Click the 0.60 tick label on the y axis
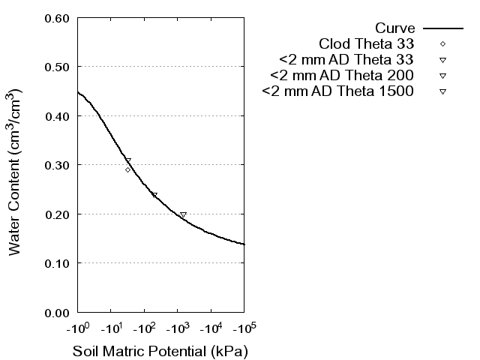tap(58, 18)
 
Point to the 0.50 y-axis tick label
tap(58, 67)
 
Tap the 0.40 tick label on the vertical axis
tap(58, 116)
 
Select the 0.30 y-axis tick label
tap(58, 165)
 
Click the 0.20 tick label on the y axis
tap(58, 214)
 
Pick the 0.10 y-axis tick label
tap(58, 263)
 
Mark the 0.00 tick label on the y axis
tap(58, 312)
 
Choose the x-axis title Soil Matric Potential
tap(160, 350)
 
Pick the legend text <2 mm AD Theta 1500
tap(337, 91)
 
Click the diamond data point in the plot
tap(128, 169)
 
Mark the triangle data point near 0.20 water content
tap(183, 215)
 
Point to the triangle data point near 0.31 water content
tap(128, 160)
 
